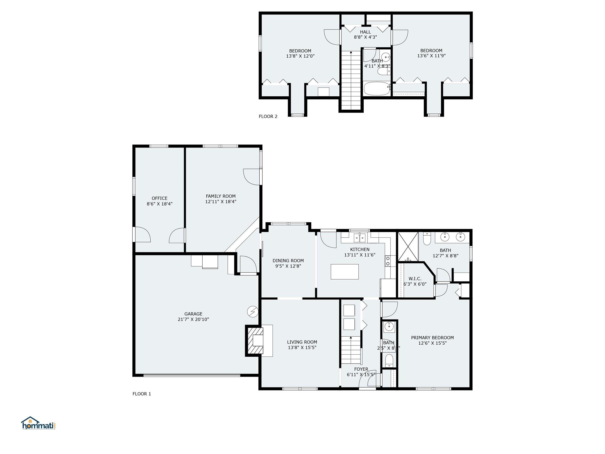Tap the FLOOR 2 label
point(268,116)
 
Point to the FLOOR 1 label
point(142,394)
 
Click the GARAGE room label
point(193,314)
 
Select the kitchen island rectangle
point(344,272)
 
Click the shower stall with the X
point(408,247)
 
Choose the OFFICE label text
point(160,198)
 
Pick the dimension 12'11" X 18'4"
point(221,202)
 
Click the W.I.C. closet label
point(415,279)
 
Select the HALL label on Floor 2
point(365,32)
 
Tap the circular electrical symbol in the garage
point(253,312)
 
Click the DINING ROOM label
point(288,261)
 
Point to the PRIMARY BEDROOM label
point(432,338)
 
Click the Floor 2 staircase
point(351,80)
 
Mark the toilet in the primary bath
point(427,240)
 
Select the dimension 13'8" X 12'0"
point(300,56)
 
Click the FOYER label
point(361,369)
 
